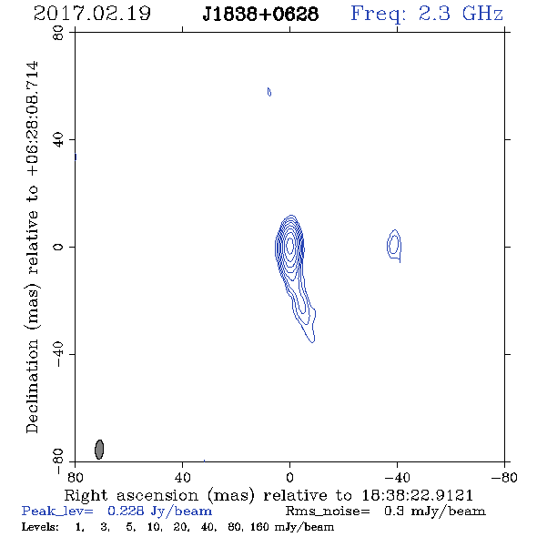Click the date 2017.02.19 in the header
click(x=92, y=14)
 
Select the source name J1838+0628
click(x=260, y=15)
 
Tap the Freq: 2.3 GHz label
click(x=427, y=15)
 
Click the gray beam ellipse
click(x=99, y=450)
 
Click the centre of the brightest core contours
click(x=290, y=245)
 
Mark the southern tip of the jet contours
click(x=312, y=342)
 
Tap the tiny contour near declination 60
click(x=269, y=92)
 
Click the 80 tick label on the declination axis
click(x=58, y=33)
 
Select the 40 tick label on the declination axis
click(x=58, y=140)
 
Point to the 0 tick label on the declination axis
click(x=58, y=247)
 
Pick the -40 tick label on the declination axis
click(x=58, y=354)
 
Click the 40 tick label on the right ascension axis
click(x=182, y=478)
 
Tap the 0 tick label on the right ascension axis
click(x=289, y=478)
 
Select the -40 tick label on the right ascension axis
click(x=397, y=478)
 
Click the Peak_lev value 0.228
click(x=126, y=511)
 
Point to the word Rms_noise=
click(x=328, y=512)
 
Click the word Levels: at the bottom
click(x=40, y=527)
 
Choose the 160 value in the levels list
click(x=260, y=527)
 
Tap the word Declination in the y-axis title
click(x=32, y=386)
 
